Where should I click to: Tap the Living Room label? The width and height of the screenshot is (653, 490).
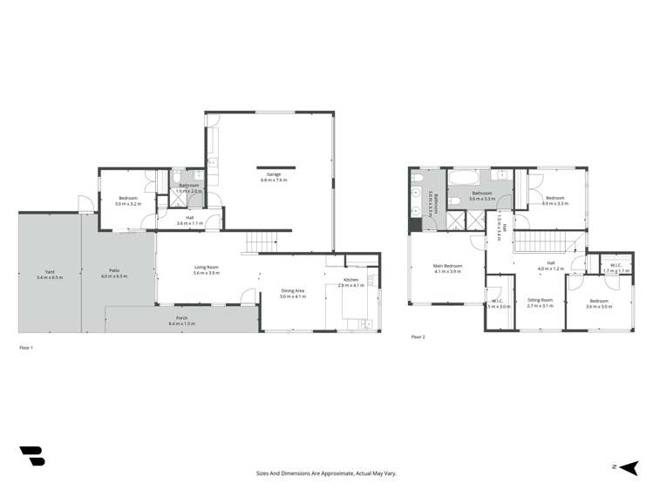click(206, 269)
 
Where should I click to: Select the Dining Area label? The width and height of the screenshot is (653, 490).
click(292, 293)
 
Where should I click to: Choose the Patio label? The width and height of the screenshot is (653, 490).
click(114, 273)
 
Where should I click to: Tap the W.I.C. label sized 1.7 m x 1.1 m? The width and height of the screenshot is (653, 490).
click(616, 267)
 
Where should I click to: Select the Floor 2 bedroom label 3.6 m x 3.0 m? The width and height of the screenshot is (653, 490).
click(597, 303)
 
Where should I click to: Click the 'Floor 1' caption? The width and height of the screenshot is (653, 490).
click(25, 348)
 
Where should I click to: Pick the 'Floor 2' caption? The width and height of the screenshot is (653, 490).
click(418, 336)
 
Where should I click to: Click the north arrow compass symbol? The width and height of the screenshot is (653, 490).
click(624, 467)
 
